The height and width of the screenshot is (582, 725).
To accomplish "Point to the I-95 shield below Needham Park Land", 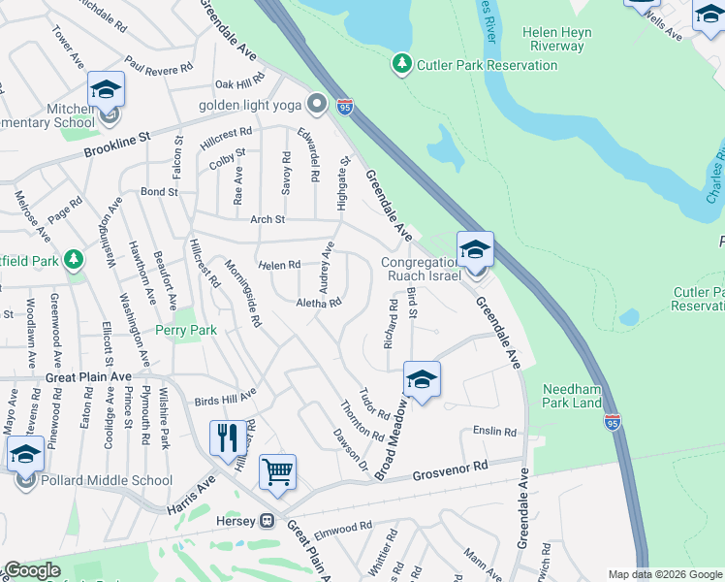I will click(x=612, y=423).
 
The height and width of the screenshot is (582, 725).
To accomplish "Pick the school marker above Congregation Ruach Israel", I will click(x=475, y=251).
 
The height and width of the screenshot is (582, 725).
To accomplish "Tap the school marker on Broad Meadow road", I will click(x=422, y=380).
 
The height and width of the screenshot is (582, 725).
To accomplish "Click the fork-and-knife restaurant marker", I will click(x=228, y=436).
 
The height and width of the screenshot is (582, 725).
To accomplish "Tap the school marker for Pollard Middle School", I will click(x=25, y=455).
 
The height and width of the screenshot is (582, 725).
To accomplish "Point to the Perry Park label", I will click(x=186, y=330).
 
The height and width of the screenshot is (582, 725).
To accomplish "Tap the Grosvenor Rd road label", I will click(x=448, y=470).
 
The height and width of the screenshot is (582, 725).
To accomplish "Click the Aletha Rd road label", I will click(x=319, y=303).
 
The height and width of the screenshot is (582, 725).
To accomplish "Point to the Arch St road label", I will click(x=267, y=219).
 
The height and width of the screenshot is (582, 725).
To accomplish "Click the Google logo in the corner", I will click(x=32, y=570).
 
